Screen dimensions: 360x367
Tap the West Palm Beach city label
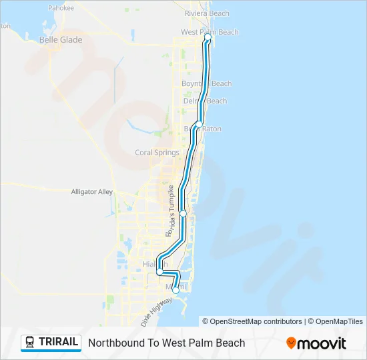pyautogui.click(x=210, y=32)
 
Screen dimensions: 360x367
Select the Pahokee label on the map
pyautogui.click(x=61, y=8)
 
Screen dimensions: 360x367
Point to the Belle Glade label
pyautogui.click(x=61, y=40)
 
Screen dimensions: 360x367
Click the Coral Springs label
pyautogui.click(x=157, y=152)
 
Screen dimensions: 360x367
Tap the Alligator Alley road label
pyautogui.click(x=93, y=191)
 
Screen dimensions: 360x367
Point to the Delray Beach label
pyautogui.click(x=205, y=101)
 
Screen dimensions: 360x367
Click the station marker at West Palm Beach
pyautogui.click(x=208, y=38)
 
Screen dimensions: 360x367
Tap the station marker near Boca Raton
pyautogui.click(x=199, y=125)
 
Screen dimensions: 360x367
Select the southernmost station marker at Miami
pyautogui.click(x=175, y=290)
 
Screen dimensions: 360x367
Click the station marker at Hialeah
pyautogui.click(x=159, y=272)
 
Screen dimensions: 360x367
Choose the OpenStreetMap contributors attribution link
pyautogui.click(x=252, y=321)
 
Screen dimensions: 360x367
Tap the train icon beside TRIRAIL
pyautogui.click(x=30, y=343)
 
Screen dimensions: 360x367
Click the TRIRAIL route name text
pyautogui.click(x=59, y=343)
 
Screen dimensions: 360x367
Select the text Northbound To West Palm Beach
pyautogui.click(x=166, y=343)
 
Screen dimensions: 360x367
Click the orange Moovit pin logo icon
pyautogui.click(x=291, y=343)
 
